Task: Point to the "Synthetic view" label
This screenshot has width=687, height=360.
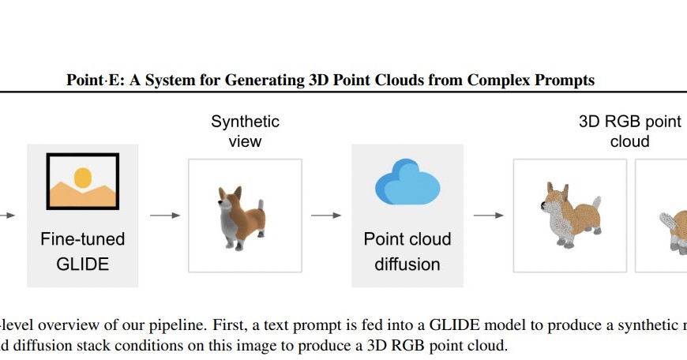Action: click(x=245, y=131)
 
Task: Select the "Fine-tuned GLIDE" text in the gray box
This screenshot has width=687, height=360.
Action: click(x=83, y=250)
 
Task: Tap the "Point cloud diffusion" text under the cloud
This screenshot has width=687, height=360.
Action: click(x=407, y=250)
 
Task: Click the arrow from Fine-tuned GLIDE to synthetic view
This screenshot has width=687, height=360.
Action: click(x=164, y=216)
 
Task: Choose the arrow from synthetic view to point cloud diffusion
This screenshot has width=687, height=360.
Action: click(x=326, y=216)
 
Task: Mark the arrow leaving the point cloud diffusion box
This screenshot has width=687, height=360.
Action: click(x=488, y=216)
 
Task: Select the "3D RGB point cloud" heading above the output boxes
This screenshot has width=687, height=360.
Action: click(x=629, y=131)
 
